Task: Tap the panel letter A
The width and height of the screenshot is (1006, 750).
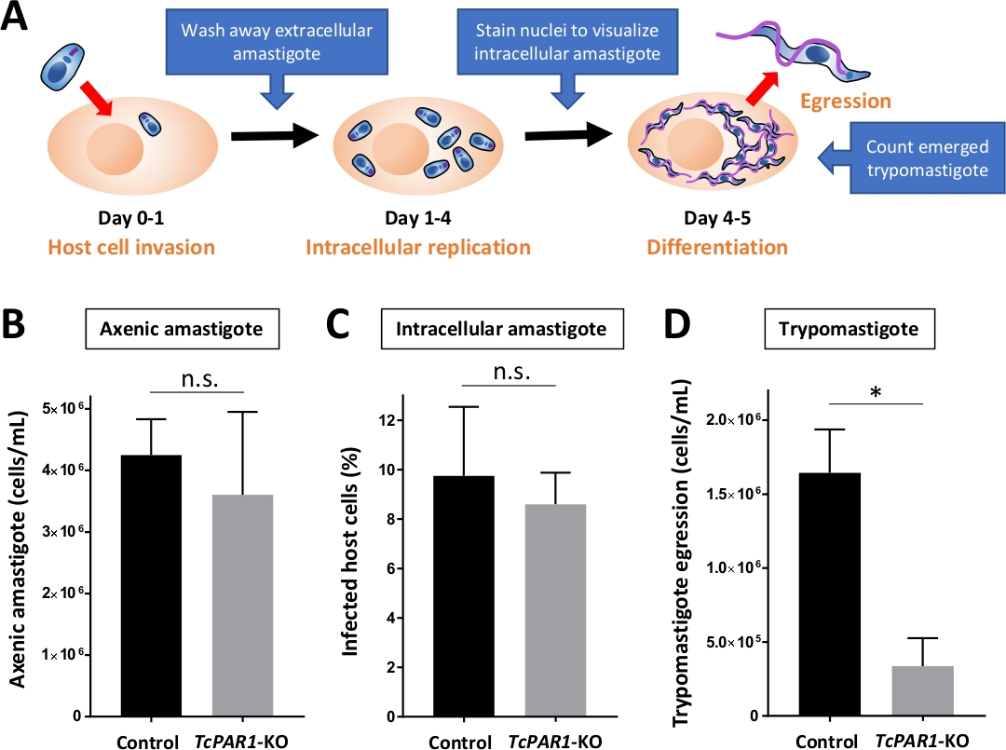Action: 16,18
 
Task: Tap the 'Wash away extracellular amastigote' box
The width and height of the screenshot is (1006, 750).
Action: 279,42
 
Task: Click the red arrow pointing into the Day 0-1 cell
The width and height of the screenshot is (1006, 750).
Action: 96,99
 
